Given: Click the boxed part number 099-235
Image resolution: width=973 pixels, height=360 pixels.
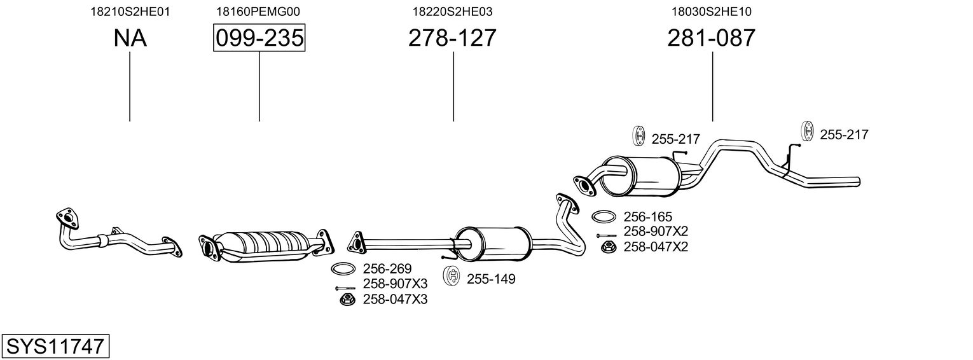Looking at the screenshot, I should (x=259, y=39).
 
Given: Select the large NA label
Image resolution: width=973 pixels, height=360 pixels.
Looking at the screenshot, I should (x=130, y=39).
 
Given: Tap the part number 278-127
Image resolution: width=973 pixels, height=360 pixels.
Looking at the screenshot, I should (x=452, y=39).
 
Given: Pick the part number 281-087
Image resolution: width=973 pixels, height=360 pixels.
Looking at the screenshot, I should (x=712, y=39).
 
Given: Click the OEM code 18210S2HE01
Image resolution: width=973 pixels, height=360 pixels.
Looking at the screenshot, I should (x=130, y=11).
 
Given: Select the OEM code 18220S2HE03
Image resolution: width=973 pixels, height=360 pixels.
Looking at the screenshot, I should (x=452, y=11).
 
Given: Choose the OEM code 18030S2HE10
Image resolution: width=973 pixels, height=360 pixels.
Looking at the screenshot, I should (x=712, y=11).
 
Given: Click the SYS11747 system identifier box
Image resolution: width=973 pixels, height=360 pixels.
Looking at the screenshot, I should (x=55, y=347).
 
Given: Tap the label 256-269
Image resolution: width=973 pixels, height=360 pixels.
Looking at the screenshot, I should (x=387, y=269).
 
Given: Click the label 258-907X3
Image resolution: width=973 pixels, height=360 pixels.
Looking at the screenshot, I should (x=395, y=284).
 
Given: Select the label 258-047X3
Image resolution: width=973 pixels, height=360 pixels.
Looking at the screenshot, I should (x=395, y=299).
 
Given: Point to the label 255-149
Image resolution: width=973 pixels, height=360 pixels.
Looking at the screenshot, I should (x=491, y=279).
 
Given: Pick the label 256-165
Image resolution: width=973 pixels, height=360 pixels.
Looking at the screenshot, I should (x=647, y=217).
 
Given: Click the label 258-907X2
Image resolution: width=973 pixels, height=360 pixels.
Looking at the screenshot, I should (x=656, y=232).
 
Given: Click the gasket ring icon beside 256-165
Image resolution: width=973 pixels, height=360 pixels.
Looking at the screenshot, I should (x=604, y=218).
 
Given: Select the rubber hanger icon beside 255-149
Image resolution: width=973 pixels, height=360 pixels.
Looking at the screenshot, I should (x=452, y=275).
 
